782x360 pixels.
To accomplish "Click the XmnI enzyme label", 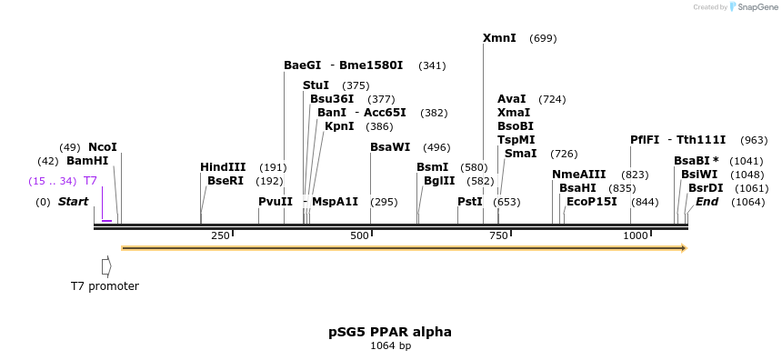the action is [499, 38].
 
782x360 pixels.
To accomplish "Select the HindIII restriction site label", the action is [223, 167].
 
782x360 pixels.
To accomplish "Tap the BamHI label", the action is [87, 161].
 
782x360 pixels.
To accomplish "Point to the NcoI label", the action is [103, 147].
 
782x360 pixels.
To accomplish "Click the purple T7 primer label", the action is [90, 181].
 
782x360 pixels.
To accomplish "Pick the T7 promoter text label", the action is [105, 286].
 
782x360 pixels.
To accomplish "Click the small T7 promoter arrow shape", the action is [106, 266].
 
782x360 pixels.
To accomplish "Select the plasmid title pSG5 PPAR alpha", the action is [390, 332].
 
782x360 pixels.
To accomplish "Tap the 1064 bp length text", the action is [390, 346].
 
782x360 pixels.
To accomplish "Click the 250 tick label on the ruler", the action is [220, 236].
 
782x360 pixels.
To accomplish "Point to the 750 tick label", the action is [679, 236].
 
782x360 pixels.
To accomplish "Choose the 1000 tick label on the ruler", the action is [635, 236].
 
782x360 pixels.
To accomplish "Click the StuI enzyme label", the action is [316, 85].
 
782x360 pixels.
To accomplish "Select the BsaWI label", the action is [390, 147].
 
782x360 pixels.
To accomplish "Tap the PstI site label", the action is [470, 202].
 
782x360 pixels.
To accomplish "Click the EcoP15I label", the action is [591, 202].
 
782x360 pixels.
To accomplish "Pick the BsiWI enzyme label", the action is [699, 175].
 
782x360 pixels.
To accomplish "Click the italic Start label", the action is [74, 202].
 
